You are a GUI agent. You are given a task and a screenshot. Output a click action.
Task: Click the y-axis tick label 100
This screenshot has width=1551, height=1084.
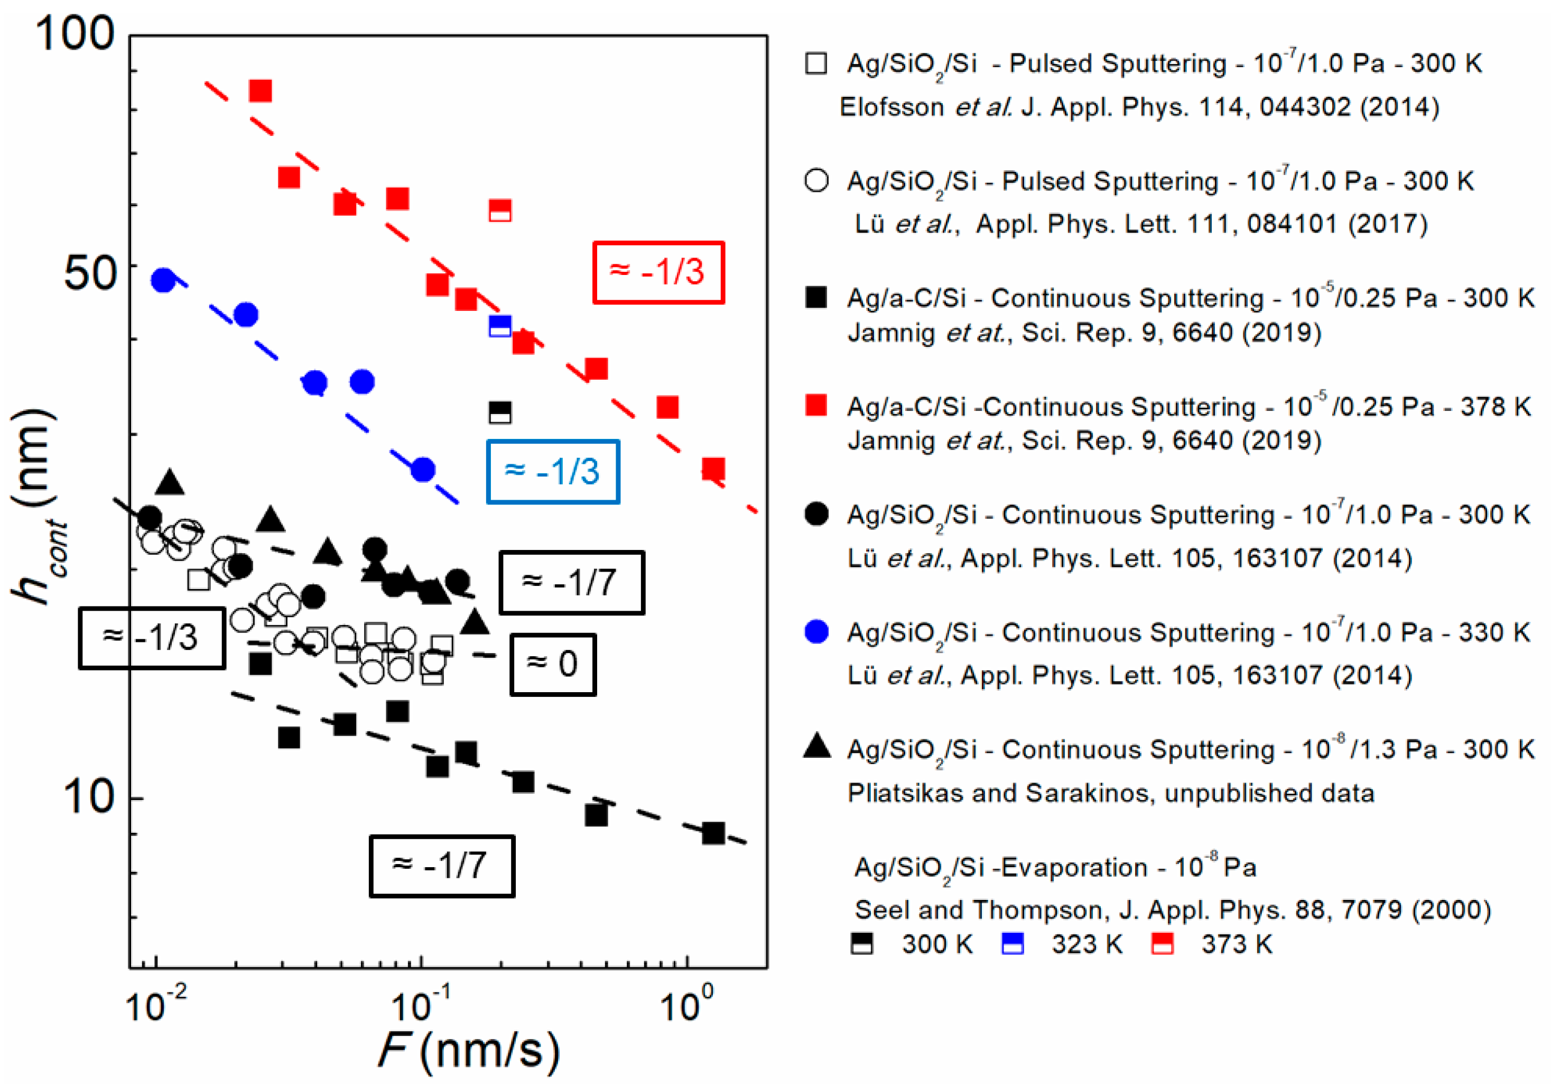(x=75, y=34)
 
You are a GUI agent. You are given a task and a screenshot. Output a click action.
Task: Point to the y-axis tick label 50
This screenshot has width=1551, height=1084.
(x=90, y=274)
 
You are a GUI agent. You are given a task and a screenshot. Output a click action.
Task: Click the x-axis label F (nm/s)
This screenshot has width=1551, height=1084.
(x=468, y=1050)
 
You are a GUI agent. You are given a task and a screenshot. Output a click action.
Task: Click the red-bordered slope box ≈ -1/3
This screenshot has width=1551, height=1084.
(x=658, y=272)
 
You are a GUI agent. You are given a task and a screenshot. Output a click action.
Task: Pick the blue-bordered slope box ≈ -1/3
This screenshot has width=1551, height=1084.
(x=553, y=472)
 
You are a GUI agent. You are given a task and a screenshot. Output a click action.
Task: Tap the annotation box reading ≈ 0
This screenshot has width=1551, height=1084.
(x=553, y=664)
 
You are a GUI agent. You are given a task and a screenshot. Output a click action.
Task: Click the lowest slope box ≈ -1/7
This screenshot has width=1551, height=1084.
(x=442, y=866)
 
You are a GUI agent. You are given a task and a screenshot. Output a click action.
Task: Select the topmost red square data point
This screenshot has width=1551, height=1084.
(x=261, y=90)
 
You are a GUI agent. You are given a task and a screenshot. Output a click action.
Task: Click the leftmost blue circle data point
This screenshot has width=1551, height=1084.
(x=163, y=280)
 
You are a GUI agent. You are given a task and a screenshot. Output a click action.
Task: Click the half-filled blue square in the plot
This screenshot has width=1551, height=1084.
(x=500, y=326)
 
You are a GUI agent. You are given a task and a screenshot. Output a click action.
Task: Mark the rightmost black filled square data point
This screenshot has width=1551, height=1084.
(x=713, y=833)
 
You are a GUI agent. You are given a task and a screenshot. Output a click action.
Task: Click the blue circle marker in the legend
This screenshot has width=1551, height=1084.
(x=816, y=632)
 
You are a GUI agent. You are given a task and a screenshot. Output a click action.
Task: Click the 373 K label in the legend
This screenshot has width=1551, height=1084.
(x=1236, y=944)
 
